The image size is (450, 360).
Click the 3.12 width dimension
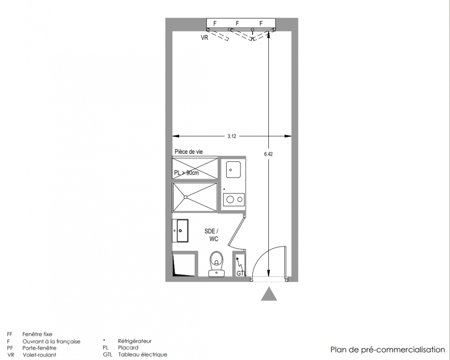point(232,136)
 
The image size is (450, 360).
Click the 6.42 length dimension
point(268,154)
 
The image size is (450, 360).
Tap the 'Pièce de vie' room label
point(188,152)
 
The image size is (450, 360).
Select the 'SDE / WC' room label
point(211,235)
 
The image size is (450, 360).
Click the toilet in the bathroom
point(217,264)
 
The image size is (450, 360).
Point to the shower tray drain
point(185,197)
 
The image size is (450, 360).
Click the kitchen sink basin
point(233,170)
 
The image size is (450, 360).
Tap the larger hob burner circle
point(230,199)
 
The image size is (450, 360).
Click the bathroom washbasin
point(181,231)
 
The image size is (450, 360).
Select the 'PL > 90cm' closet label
point(187,173)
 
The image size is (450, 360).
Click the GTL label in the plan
point(241,274)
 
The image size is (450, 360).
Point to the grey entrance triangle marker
point(269,294)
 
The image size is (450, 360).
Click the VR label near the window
point(205,38)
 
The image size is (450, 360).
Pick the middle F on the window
point(237,23)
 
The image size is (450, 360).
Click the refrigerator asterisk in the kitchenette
point(224,189)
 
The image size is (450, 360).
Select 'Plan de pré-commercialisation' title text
point(388,350)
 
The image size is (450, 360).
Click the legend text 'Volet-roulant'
point(39,355)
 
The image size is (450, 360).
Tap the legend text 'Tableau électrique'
point(143,355)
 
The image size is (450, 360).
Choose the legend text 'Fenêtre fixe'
point(37,334)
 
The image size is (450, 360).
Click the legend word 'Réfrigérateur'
point(134,341)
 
